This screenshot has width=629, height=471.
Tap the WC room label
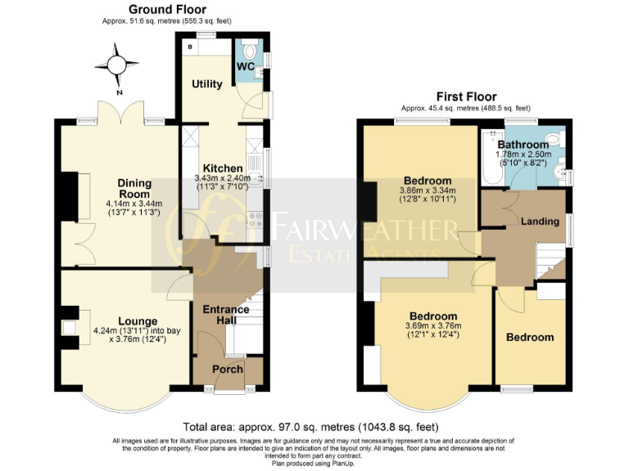click(245, 65)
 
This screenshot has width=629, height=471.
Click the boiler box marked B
click(189, 47)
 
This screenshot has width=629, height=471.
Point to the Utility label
click(206, 84)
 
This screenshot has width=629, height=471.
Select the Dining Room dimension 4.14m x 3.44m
click(134, 204)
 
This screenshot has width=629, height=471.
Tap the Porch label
click(228, 369)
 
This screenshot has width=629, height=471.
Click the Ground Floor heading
click(166, 9)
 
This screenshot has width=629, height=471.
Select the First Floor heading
click(464, 96)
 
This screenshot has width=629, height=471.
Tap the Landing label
click(540, 221)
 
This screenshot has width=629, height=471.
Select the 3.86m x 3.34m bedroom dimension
click(427, 191)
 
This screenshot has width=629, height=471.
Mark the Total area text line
click(310, 427)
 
